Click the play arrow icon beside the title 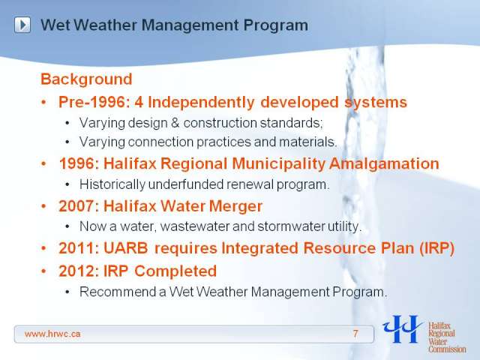pyautogui.click(x=22, y=25)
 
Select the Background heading pyautogui.click(x=86, y=79)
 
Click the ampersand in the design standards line pyautogui.click(x=175, y=123)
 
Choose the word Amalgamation pyautogui.click(x=384, y=163)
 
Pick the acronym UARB pyautogui.click(x=126, y=248)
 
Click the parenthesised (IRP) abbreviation pyautogui.click(x=436, y=248)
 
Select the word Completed pyautogui.click(x=175, y=271)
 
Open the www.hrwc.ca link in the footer pyautogui.click(x=52, y=334)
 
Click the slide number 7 pyautogui.click(x=355, y=334)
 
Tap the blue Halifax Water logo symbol pyautogui.click(x=402, y=329)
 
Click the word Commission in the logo pyautogui.click(x=447, y=349)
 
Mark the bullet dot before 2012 pyautogui.click(x=43, y=271)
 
